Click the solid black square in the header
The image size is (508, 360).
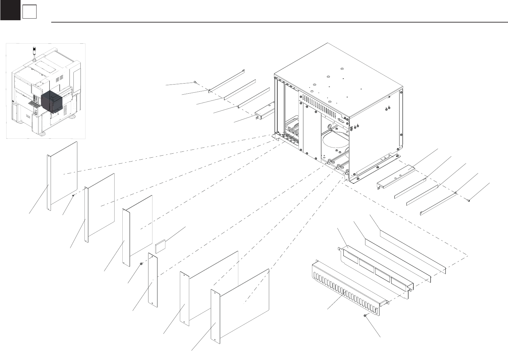click(10, 10)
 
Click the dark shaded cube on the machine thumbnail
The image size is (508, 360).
click(52, 101)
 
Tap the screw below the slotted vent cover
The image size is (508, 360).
click(365, 316)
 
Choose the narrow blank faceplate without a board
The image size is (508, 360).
click(153, 280)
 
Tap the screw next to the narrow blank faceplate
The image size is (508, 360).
click(141, 263)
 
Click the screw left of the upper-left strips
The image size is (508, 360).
click(195, 82)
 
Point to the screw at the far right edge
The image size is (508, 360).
click(468, 200)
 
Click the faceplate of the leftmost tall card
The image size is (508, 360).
click(49, 183)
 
